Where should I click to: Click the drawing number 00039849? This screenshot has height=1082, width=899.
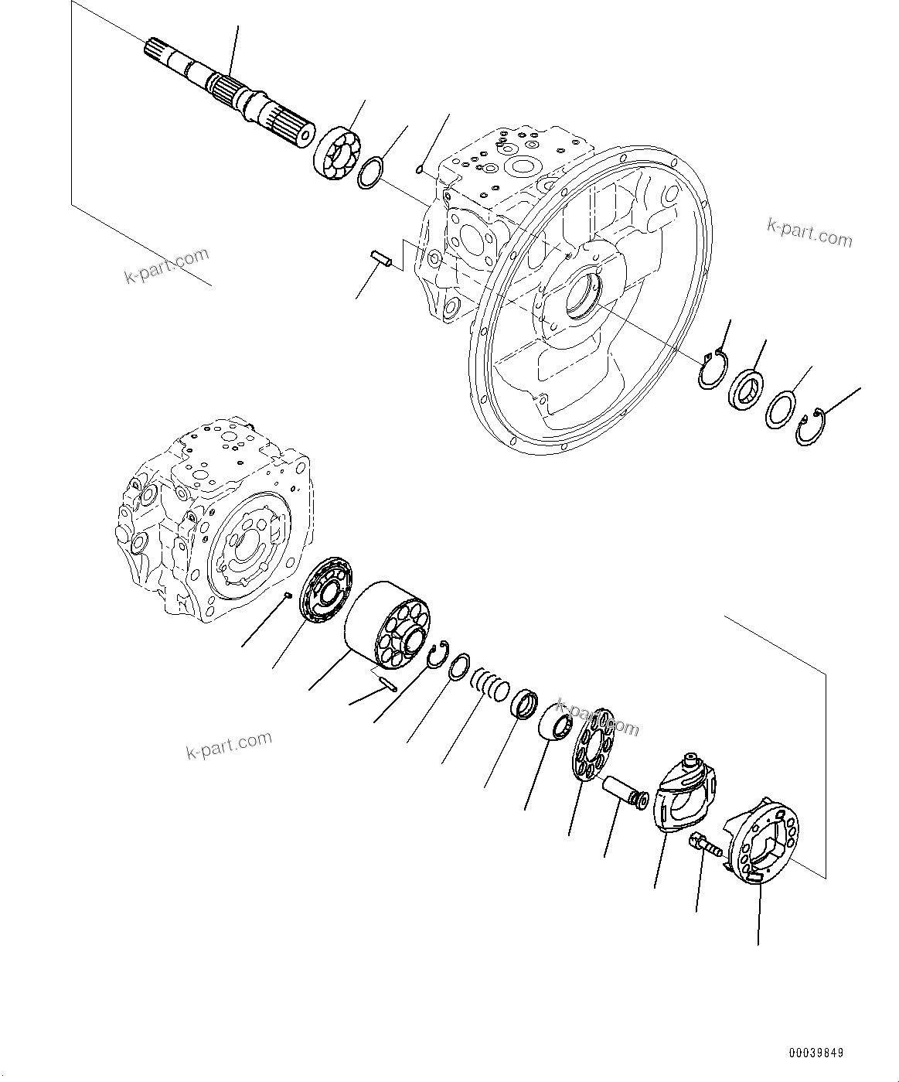(x=816, y=1053)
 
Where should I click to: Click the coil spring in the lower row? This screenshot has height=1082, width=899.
(x=490, y=683)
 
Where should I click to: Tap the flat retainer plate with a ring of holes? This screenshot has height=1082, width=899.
(x=593, y=746)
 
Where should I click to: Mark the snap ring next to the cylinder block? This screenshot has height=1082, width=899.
(x=439, y=655)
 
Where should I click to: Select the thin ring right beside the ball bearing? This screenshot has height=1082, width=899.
(x=369, y=173)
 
